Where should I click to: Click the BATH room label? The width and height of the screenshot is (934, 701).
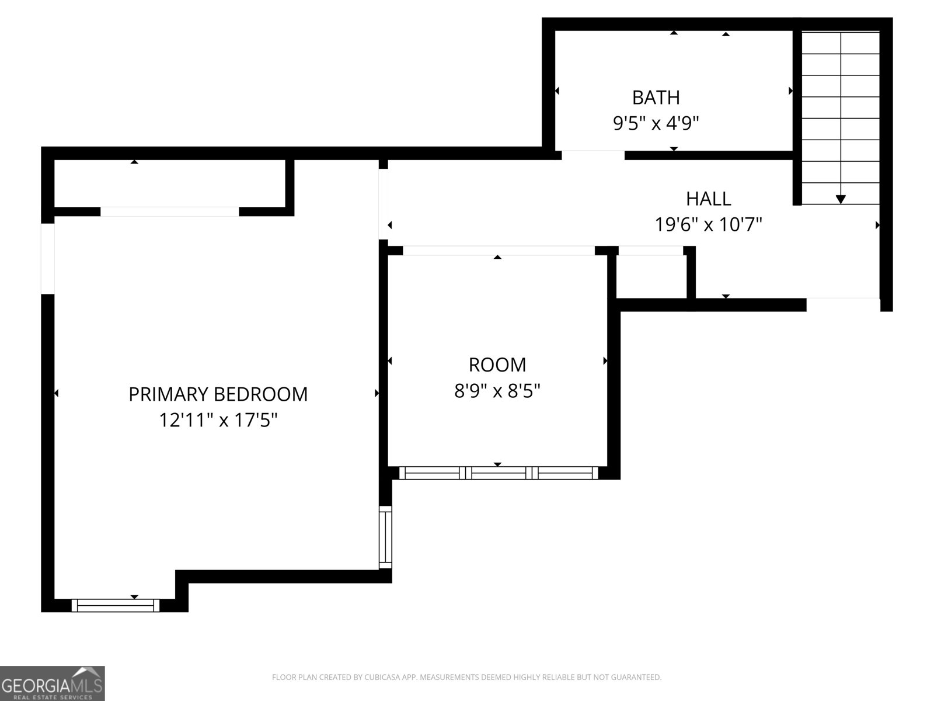click(656, 98)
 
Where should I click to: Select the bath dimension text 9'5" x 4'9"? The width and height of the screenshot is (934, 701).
click(656, 123)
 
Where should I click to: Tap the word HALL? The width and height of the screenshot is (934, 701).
click(709, 199)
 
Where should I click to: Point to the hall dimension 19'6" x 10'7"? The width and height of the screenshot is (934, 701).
click(708, 224)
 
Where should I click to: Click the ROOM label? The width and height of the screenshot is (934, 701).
click(497, 365)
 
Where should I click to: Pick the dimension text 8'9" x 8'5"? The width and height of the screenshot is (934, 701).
click(497, 391)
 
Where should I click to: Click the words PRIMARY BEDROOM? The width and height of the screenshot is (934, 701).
click(218, 394)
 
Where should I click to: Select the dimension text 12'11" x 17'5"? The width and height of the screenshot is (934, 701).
click(218, 420)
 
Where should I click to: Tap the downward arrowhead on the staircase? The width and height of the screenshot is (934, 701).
click(841, 199)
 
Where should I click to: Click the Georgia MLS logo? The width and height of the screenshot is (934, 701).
click(53, 683)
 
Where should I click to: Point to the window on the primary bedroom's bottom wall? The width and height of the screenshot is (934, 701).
click(116, 605)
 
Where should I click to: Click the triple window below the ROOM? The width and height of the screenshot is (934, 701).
click(499, 473)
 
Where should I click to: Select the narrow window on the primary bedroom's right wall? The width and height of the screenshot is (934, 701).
click(385, 537)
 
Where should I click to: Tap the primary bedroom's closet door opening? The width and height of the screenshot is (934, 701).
click(170, 211)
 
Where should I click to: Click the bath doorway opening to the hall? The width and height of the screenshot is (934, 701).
click(593, 155)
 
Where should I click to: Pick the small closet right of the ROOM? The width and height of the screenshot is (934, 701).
click(651, 277)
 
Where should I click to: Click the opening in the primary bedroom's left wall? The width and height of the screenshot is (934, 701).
click(48, 258)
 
